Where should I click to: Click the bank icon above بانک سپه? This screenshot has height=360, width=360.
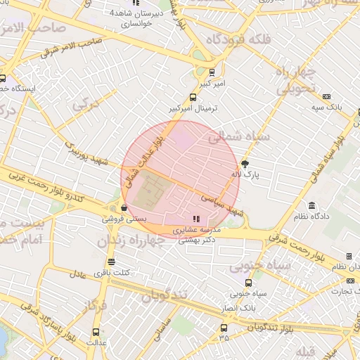[326, 96]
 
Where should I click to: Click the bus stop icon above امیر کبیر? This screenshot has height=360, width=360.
[212, 72]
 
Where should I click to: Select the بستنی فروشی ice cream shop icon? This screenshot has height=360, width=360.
[124, 208]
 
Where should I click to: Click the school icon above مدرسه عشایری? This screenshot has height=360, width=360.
[195, 219]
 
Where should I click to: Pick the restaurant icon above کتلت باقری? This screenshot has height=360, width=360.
[111, 262]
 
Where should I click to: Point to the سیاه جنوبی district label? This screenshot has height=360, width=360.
[260, 267]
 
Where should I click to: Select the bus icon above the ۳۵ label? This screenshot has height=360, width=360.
[224, 328]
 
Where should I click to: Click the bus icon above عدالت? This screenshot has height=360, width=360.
[96, 332]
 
